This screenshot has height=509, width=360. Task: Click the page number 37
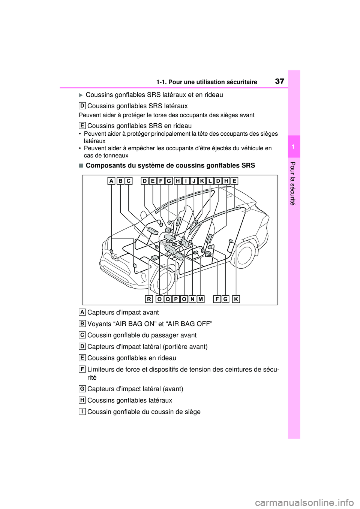pos(280,81)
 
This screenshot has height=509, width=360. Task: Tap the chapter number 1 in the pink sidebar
pos(294,147)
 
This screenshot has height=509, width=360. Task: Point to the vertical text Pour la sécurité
pos(293,183)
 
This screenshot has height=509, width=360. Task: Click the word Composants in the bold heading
pos(106,165)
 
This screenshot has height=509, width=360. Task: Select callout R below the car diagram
pos(149,299)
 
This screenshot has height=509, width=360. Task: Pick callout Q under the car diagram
pos(168,299)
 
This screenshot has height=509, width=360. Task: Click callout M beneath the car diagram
pos(201,299)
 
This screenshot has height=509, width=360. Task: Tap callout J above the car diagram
pos(194,181)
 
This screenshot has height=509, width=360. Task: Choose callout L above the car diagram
pos(210,181)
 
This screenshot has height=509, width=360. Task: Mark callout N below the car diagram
pos(192,299)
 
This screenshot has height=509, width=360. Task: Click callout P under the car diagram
pos(176,299)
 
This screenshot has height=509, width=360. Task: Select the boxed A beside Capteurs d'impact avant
pos(82,312)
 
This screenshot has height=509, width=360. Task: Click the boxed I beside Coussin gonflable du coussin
pos(82,411)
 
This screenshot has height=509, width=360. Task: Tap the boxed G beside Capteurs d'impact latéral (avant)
pos(82,388)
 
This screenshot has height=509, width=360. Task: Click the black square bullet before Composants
pos(81,166)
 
